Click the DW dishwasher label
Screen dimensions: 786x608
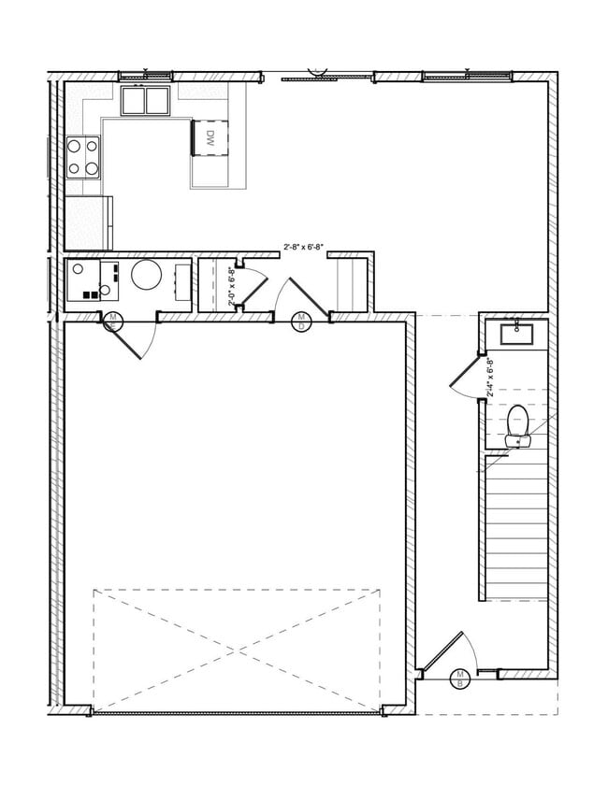coord(210,138)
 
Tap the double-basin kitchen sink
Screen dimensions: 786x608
coord(144,98)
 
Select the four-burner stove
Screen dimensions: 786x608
coord(82,157)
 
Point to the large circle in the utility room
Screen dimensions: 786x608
coord(147,277)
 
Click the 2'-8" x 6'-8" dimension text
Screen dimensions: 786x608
coord(303,248)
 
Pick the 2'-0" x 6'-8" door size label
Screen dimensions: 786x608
coord(231,285)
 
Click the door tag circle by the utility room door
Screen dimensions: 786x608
coord(112,321)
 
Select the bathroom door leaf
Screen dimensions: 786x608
coord(467,375)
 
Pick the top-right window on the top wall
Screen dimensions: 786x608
coord(466,75)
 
